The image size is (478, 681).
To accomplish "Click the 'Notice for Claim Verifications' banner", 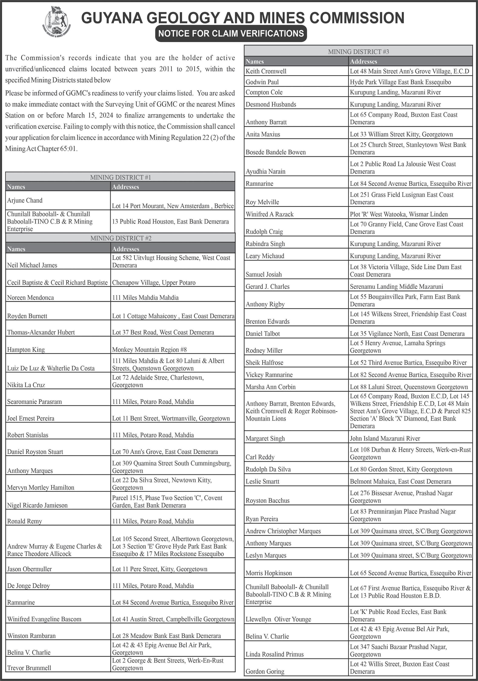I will [x=231, y=33].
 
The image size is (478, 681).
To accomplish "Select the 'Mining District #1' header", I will [x=120, y=177].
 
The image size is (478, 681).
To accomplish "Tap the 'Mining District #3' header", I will [x=358, y=52].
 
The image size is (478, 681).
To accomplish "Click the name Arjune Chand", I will [x=25, y=200].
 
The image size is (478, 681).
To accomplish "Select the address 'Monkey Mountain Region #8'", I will [x=149, y=349].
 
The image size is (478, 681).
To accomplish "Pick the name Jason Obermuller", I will [x=29, y=569].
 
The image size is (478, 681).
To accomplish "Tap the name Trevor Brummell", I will [x=29, y=668].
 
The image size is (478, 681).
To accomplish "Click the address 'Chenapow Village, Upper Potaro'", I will [x=154, y=282].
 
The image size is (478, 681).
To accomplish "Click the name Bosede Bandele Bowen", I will [x=275, y=152].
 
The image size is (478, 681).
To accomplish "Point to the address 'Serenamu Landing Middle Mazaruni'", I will [x=396, y=286].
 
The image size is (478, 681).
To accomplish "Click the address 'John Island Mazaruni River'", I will [x=385, y=438].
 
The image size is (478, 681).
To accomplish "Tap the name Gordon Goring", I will [x=265, y=671].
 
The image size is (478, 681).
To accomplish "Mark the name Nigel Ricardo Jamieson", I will [x=37, y=505].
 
